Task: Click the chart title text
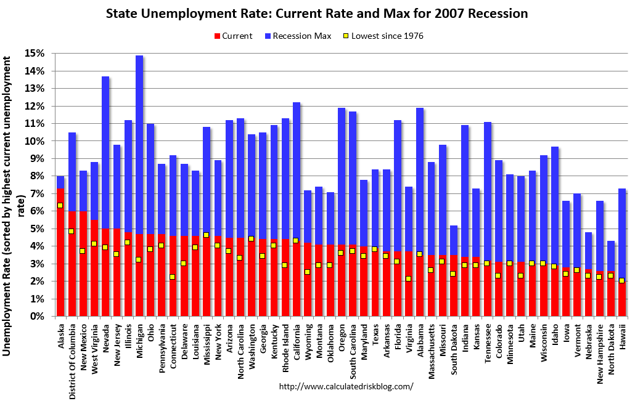(317, 13)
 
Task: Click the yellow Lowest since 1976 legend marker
(346, 36)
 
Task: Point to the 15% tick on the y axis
(35, 54)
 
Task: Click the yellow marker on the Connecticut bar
(173, 277)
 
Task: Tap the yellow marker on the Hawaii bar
(621, 280)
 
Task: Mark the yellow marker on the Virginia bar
(408, 279)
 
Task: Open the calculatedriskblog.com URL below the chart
(346, 387)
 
